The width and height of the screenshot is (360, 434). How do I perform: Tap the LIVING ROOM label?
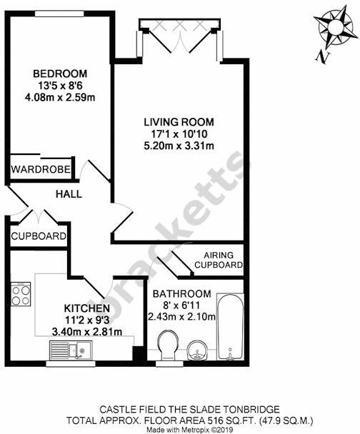tap(178, 122)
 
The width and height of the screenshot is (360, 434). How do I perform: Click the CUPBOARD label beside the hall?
tap(39, 236)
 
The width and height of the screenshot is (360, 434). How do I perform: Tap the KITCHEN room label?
tap(85, 308)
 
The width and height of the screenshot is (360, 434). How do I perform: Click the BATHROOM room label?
tap(183, 293)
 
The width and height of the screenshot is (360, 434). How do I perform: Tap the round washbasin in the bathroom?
tap(199, 350)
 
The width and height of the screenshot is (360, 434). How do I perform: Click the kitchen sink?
tap(69, 350)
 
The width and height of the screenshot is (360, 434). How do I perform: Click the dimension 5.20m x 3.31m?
tap(179, 146)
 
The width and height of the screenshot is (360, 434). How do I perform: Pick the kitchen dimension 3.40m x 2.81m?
tap(86, 331)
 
